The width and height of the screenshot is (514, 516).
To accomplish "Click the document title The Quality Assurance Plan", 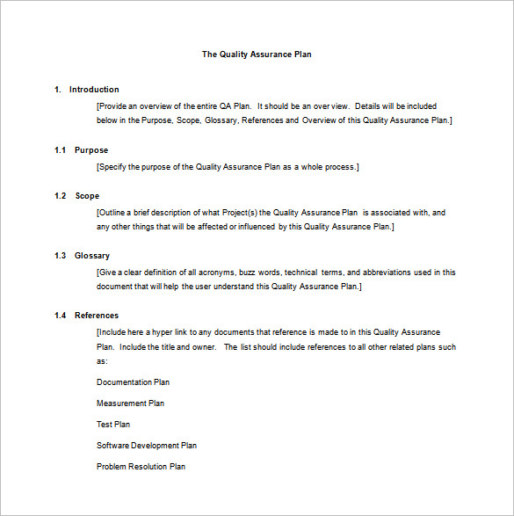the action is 257,55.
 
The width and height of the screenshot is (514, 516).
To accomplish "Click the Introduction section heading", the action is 94,90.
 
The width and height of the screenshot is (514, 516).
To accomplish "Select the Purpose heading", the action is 91,150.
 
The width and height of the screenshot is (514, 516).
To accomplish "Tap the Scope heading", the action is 87,196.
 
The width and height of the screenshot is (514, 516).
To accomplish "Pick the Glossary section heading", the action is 92,256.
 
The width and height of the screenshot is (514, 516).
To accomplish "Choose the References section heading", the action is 97,316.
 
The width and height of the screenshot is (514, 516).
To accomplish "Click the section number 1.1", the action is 60,150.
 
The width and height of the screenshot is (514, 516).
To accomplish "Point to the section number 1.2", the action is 60,196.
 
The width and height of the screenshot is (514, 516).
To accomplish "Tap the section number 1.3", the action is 60,256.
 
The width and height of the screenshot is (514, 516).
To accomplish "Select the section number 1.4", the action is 60,316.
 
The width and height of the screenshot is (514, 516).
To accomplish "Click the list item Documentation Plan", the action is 133,382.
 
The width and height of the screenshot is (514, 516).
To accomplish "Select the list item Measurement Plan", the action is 130,403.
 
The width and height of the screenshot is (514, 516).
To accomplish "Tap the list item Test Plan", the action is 113,425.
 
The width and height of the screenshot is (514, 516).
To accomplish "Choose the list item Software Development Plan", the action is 147,446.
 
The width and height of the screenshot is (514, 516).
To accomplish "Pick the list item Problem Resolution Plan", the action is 141,467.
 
